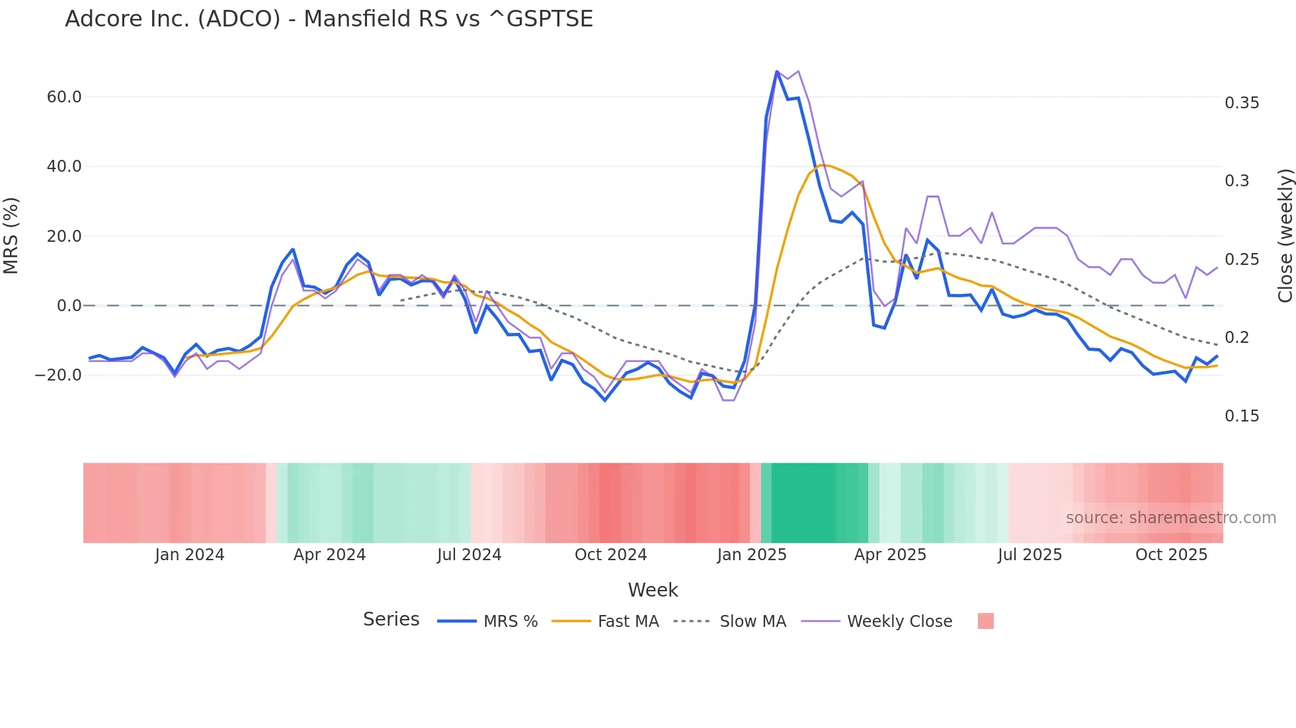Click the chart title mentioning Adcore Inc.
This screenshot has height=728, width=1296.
tap(329, 18)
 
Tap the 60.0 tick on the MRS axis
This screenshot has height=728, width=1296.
tap(64, 97)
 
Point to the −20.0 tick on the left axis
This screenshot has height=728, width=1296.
tap(58, 375)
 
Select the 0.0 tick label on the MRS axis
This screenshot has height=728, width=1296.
tap(69, 306)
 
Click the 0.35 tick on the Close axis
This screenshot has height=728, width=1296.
tap(1242, 103)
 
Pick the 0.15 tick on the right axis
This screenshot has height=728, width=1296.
tap(1242, 416)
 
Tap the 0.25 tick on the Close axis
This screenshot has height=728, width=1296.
tap(1242, 260)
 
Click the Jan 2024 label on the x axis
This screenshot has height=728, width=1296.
tap(190, 555)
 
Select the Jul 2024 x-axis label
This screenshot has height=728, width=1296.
tap(469, 555)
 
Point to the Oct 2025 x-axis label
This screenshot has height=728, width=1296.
tap(1171, 555)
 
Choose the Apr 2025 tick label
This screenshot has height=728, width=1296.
tap(890, 555)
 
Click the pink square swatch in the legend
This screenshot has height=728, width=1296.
tap(985, 621)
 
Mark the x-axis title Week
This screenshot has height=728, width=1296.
tap(653, 590)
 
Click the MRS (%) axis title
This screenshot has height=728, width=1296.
tap(11, 236)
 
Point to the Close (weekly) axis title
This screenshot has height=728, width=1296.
tap(1285, 236)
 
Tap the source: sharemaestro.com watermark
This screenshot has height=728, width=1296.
tap(1170, 518)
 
